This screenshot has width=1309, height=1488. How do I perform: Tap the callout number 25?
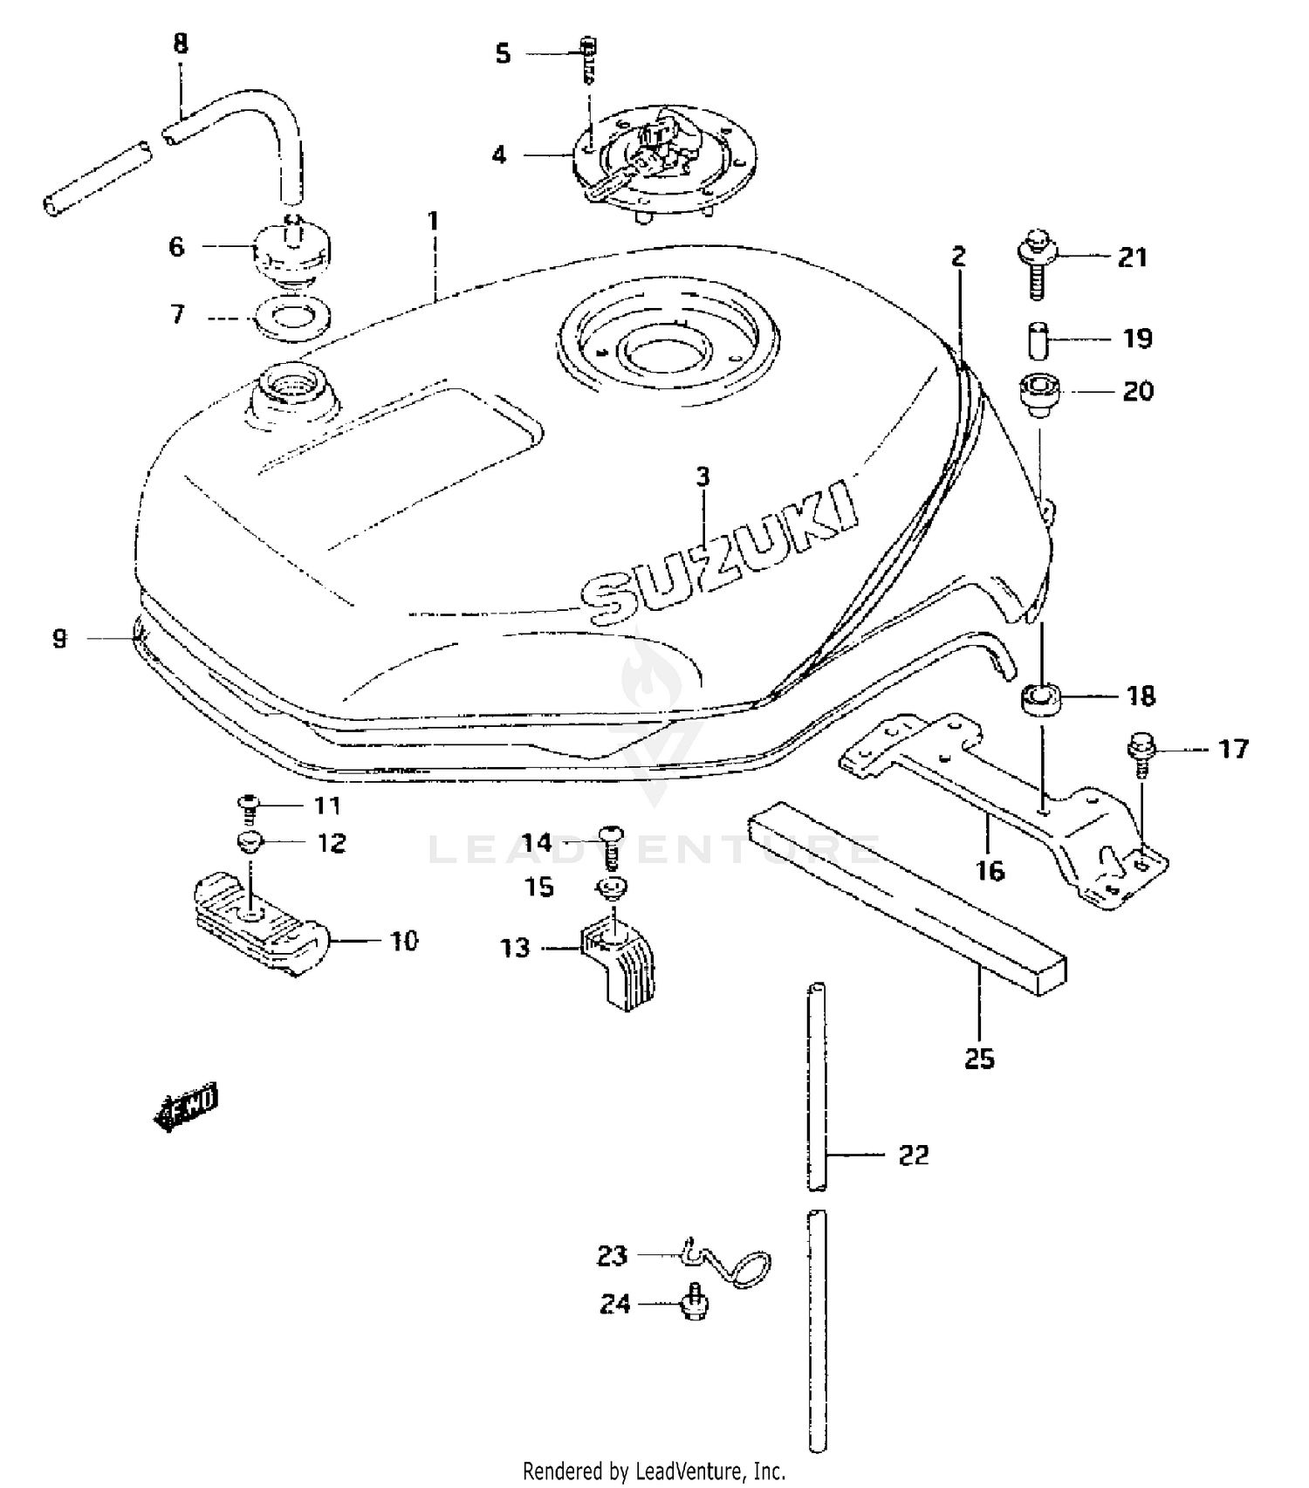click(979, 1059)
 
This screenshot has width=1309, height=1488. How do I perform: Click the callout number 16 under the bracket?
click(990, 870)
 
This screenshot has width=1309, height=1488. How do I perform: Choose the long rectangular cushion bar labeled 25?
click(908, 899)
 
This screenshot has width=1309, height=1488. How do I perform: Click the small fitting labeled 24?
click(696, 1302)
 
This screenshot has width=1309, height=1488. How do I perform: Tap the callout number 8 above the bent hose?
click(181, 45)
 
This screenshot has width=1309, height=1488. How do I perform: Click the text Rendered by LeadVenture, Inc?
click(654, 1471)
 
